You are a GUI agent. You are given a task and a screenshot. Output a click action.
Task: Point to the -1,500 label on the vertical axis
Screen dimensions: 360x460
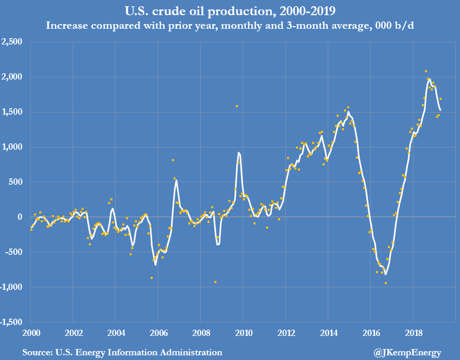click(x=12, y=322)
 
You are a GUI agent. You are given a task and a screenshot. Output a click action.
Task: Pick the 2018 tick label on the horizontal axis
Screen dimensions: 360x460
click(x=413, y=333)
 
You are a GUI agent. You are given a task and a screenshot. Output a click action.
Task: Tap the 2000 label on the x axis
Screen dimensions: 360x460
click(x=31, y=333)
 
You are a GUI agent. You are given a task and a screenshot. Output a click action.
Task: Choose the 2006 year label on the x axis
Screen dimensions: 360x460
click(x=158, y=333)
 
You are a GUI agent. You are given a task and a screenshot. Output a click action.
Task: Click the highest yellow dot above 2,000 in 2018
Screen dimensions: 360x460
click(x=426, y=71)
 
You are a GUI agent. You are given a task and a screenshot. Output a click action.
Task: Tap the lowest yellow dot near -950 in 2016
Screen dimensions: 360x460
click(x=385, y=283)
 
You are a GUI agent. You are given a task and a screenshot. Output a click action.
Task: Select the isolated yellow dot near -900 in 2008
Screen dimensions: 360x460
click(x=215, y=282)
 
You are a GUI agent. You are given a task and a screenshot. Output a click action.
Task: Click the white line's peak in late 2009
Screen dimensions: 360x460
click(x=238, y=152)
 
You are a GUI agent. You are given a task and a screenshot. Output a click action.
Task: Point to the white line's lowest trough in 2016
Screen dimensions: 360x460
click(x=385, y=274)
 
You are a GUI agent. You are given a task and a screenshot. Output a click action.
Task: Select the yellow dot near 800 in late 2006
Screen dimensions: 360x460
click(x=173, y=160)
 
